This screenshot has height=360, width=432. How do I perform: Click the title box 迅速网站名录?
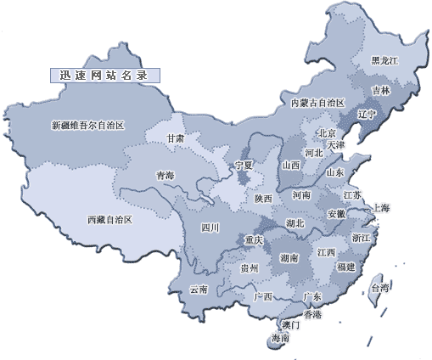[x=105, y=75]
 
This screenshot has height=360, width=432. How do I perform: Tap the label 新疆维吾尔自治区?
[x=87, y=126]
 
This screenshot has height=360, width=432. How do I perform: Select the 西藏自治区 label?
[x=109, y=219]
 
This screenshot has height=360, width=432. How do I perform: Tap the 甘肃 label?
[x=175, y=138]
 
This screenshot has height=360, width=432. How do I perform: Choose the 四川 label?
[x=210, y=228]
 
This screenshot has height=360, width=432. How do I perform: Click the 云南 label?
[x=198, y=290]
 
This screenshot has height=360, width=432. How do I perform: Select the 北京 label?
[x=328, y=133]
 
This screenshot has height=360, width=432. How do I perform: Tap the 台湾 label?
[x=379, y=289]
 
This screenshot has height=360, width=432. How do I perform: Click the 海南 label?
[x=279, y=338]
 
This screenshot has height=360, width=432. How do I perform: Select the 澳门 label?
[x=289, y=325]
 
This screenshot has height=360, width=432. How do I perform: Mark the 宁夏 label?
[x=244, y=165]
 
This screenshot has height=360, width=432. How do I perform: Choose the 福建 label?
[x=345, y=267]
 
